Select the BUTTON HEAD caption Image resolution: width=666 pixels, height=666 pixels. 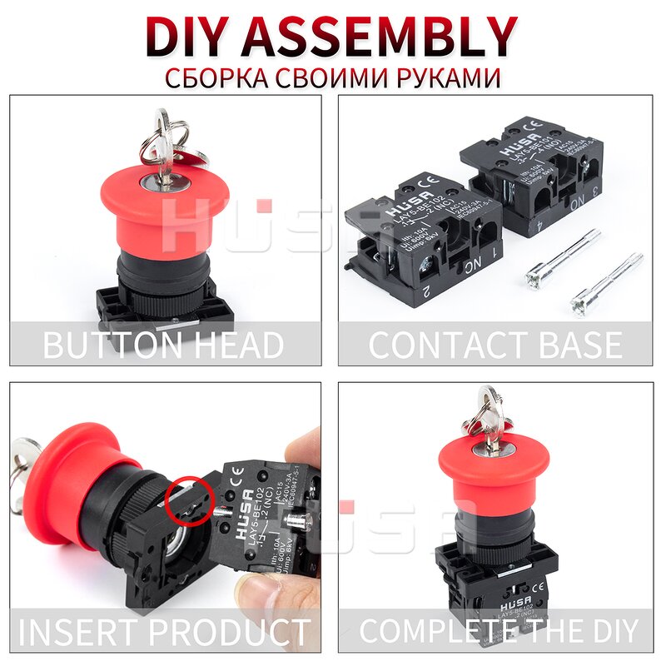pyautogui.click(x=164, y=344)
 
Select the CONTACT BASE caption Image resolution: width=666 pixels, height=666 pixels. pyautogui.click(x=495, y=344)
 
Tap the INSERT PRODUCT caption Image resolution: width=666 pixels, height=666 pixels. pyautogui.click(x=164, y=630)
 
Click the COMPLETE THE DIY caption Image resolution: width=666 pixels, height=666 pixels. pyautogui.click(x=498, y=630)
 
